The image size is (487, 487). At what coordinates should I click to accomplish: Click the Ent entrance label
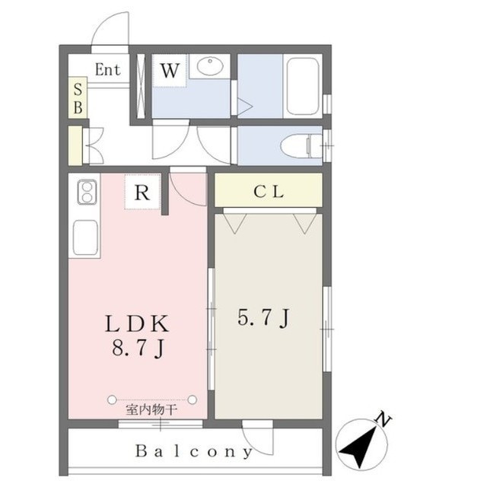pyautogui.click(x=107, y=69)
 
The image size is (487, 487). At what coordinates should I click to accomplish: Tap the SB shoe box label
pyautogui.click(x=78, y=98)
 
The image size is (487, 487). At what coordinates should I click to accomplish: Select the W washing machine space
pyautogui.click(x=170, y=70)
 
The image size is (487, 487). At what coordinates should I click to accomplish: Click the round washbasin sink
pyautogui.click(x=210, y=65)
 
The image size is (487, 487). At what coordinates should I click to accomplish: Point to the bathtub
pyautogui.click(x=303, y=86)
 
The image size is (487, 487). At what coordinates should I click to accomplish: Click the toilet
pyautogui.click(x=301, y=145)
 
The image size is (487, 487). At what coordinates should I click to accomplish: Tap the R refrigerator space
pyautogui.click(x=142, y=192)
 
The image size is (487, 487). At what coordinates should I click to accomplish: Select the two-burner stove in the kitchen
pyautogui.click(x=87, y=192)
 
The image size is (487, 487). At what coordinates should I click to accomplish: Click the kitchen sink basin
pyautogui.click(x=85, y=237)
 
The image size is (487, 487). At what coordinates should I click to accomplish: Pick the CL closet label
pyautogui.click(x=269, y=192)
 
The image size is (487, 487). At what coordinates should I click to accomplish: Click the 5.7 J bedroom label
pyautogui.click(x=264, y=317)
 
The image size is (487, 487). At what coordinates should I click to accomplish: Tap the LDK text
pyautogui.click(x=137, y=323)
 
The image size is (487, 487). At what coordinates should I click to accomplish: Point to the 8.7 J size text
pyautogui.click(x=138, y=348)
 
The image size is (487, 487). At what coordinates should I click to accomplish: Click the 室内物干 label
pyautogui.click(x=151, y=410)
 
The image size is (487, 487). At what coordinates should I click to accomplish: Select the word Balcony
pyautogui.click(x=194, y=451)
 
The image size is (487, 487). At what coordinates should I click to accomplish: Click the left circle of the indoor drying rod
pyautogui.click(x=112, y=399)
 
